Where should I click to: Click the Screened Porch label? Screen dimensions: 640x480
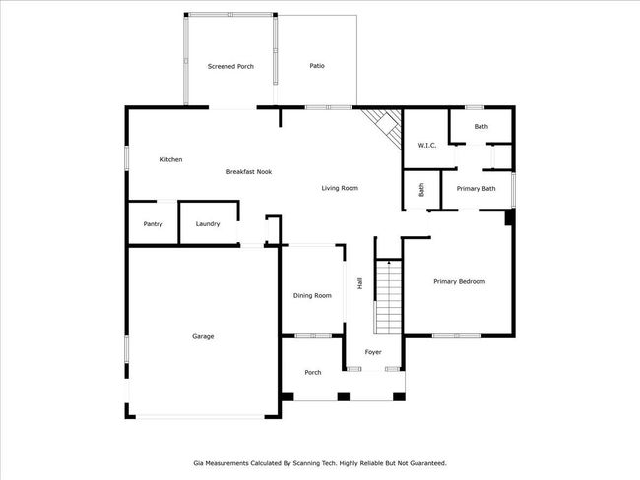[x=230, y=66]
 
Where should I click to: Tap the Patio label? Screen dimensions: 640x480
[x=317, y=66]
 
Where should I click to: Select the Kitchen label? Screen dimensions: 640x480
[x=171, y=159]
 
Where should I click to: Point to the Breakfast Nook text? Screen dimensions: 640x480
[x=249, y=172]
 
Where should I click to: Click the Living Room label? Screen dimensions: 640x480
[x=340, y=188]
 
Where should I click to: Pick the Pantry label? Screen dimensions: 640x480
[x=153, y=224]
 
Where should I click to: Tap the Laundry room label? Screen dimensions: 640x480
[x=208, y=224]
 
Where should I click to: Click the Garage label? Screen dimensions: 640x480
[x=203, y=336]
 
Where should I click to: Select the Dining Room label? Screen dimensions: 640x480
[x=312, y=296]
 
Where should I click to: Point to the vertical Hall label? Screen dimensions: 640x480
[x=360, y=284]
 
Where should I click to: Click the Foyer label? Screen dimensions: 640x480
[x=373, y=352]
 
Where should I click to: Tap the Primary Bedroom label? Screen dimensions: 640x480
[x=460, y=281]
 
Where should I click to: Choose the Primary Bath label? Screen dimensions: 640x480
[x=476, y=189]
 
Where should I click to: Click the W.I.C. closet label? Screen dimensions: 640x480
[x=427, y=146]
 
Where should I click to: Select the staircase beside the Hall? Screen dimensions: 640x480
[x=389, y=296]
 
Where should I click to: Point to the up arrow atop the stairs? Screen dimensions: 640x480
[x=389, y=264]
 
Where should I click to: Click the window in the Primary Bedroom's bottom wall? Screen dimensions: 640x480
[x=457, y=336]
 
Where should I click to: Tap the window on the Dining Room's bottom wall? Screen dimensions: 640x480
[x=313, y=336]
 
